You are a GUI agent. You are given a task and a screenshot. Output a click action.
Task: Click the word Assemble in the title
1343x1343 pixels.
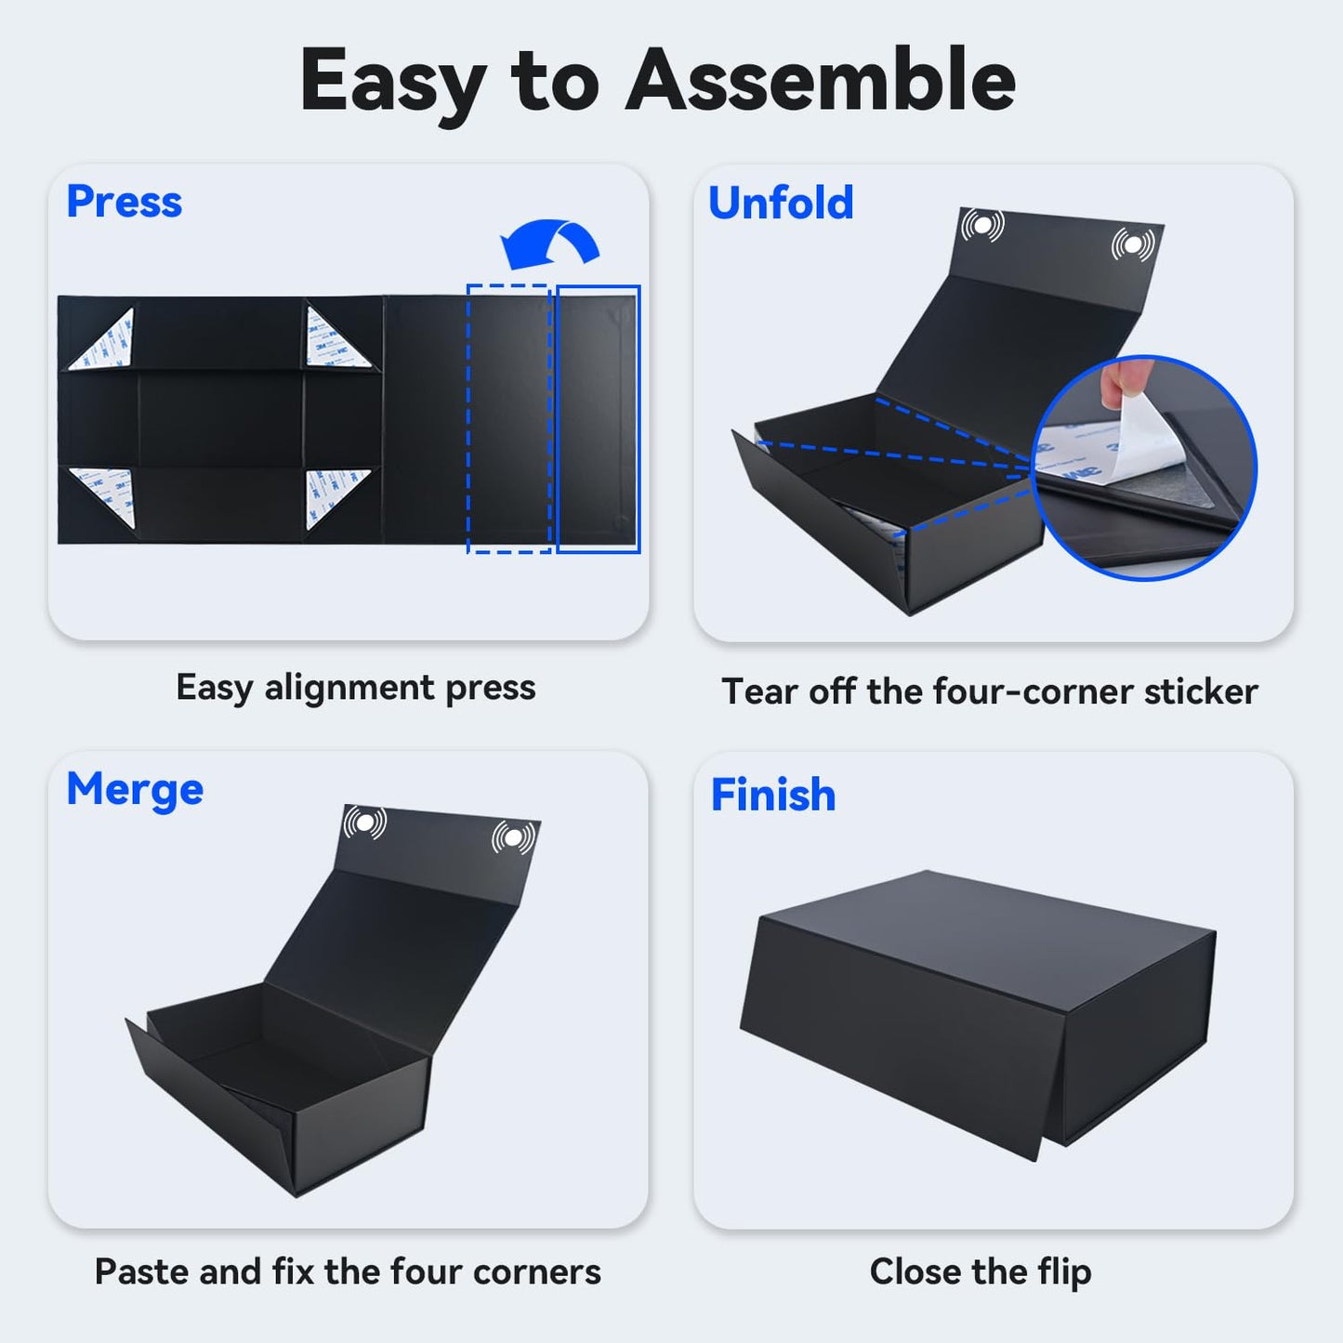click(821, 80)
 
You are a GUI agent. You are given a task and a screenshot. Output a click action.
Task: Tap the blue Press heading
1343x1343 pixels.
click(124, 202)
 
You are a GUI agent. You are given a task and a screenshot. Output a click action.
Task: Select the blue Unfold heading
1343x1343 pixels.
click(781, 203)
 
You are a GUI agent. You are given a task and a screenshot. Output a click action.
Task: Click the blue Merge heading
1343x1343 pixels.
click(135, 791)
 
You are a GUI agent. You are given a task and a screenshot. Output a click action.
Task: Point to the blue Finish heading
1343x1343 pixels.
click(773, 795)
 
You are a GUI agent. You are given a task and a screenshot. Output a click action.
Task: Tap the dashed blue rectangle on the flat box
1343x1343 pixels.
click(508, 418)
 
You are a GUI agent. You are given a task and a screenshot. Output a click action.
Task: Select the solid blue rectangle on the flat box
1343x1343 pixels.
click(598, 418)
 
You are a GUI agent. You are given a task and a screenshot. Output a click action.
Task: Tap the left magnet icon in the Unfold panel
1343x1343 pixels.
click(982, 225)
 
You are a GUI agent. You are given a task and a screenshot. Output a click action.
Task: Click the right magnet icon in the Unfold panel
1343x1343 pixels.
click(1133, 244)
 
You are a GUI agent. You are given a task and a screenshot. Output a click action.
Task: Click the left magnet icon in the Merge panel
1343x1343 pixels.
click(364, 823)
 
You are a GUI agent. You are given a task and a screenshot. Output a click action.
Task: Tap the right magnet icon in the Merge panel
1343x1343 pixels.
click(514, 837)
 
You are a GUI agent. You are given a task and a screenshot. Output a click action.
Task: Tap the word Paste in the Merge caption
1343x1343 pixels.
click(141, 1271)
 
